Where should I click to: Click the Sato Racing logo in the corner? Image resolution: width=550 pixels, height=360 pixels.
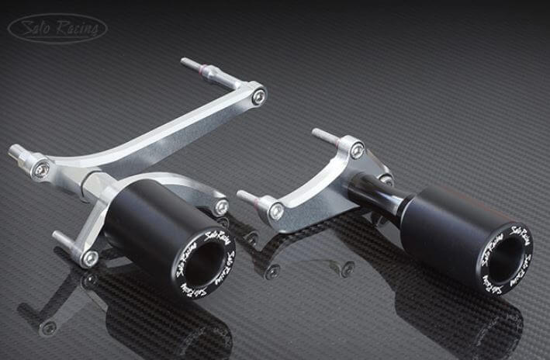(57, 28)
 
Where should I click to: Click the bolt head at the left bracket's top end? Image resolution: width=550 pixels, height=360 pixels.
(258, 96)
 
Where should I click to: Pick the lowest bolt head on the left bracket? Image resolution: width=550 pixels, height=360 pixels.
(91, 258)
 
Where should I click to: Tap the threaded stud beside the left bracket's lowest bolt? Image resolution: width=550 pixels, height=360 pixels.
(67, 240)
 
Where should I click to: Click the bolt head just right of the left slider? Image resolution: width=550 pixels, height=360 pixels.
(221, 207)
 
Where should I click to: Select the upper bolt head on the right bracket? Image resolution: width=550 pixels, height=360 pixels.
(356, 151)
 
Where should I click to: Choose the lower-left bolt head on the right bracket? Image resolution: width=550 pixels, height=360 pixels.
(275, 210)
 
